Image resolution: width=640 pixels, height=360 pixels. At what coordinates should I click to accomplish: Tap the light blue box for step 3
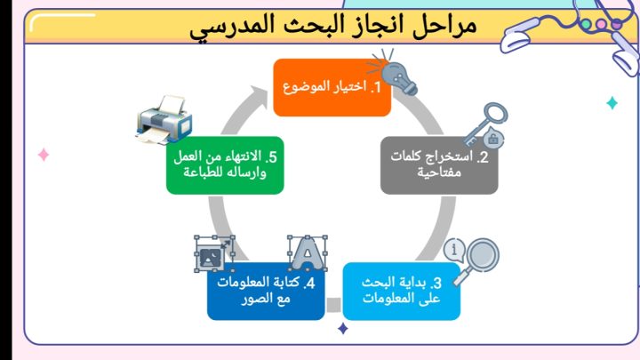400,291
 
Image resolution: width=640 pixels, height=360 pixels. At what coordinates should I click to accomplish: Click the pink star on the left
43,156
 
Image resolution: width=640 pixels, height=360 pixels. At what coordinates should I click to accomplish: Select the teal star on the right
612,103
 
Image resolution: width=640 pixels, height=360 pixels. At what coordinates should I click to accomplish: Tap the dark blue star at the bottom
343,329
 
